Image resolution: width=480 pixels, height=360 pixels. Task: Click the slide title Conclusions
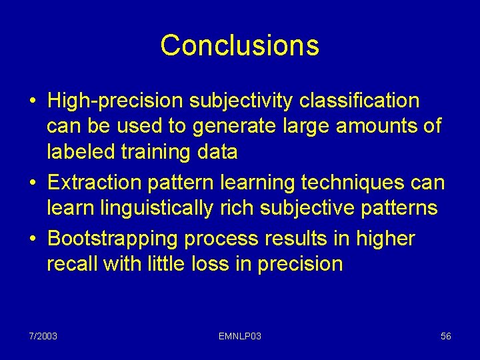click(239, 45)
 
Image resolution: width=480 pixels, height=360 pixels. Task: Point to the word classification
click(360, 101)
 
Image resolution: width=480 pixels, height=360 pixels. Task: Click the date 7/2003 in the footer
click(43, 336)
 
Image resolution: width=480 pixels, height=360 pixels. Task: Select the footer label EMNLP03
click(239, 336)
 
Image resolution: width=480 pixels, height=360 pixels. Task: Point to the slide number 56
click(446, 336)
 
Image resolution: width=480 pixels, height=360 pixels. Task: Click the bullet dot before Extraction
click(33, 183)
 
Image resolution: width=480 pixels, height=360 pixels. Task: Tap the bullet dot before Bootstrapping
click(33, 239)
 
